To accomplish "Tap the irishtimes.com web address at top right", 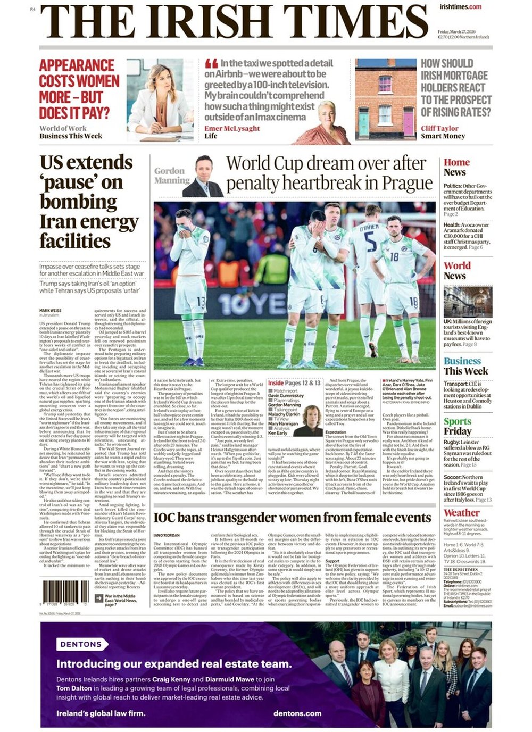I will tap(460, 6).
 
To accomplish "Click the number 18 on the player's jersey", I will tap(394, 256).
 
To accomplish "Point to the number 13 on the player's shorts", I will tap(201, 302).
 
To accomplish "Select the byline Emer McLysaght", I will tap(232, 128).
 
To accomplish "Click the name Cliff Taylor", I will tap(439, 128).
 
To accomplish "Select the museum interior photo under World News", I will tap(468, 302).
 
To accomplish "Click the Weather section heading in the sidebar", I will tap(462, 513).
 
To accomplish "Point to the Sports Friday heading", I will tap(458, 426).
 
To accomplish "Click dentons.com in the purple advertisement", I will tap(298, 713).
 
